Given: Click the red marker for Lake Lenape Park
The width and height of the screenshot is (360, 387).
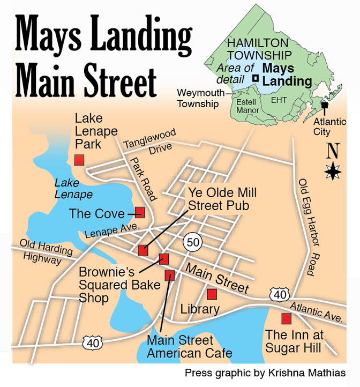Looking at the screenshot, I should coord(79,160).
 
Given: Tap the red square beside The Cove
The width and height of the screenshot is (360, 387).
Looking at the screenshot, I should coord(140,212).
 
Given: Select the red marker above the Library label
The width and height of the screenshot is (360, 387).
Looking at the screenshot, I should coord(212,294).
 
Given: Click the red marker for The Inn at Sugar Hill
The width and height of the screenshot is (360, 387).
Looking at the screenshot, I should coord(286,318).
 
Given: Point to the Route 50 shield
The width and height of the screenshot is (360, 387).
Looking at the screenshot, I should coord(193,242).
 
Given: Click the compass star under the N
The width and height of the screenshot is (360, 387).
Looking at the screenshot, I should coord(333,172).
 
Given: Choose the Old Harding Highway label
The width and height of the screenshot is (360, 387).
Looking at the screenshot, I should coord(41,251).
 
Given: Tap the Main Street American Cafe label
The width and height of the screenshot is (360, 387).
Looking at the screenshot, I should coord(189,346).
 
